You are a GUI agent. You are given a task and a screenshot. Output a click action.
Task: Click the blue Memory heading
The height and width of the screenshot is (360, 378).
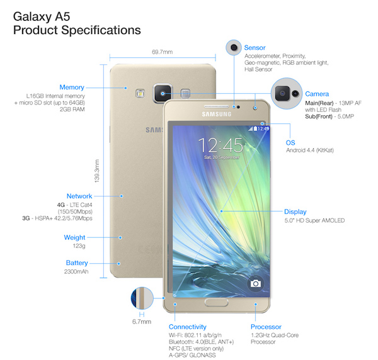(x=72, y=87)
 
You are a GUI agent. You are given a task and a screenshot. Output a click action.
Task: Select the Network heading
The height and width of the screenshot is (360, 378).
(x=79, y=196)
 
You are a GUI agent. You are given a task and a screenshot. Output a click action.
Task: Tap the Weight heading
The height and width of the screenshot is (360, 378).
(x=74, y=237)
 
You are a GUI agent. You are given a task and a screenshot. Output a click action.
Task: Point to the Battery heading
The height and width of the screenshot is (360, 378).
(x=77, y=262)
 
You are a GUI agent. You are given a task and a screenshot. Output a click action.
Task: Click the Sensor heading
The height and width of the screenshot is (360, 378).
(x=255, y=48)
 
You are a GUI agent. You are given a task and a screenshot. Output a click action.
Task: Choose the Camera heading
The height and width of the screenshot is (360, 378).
(x=317, y=94)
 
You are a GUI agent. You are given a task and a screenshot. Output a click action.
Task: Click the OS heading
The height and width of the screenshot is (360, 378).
(x=290, y=143)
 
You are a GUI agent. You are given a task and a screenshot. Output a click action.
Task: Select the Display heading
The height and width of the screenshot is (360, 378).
(x=295, y=211)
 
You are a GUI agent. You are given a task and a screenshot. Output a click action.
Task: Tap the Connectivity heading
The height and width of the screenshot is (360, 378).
(x=188, y=327)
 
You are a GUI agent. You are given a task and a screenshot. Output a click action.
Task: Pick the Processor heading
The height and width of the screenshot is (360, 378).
(x=266, y=327)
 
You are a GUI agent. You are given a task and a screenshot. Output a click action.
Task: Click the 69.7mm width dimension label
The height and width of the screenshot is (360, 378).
(x=163, y=52)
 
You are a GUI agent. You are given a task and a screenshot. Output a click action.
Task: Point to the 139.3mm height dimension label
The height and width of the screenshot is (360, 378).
(x=96, y=171)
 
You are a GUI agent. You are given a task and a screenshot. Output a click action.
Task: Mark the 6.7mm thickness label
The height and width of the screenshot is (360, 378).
(x=142, y=322)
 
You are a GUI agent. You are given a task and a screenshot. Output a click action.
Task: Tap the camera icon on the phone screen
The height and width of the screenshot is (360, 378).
(x=256, y=283)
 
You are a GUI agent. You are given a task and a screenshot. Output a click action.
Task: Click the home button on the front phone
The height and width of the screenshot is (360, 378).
(x=217, y=303)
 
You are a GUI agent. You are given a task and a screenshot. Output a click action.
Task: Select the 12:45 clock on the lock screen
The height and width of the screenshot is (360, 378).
(x=220, y=145)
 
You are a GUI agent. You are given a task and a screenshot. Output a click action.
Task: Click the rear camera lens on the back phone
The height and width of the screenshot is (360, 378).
(x=163, y=93)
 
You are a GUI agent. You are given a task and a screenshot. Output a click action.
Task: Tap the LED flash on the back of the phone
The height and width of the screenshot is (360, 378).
(x=140, y=93)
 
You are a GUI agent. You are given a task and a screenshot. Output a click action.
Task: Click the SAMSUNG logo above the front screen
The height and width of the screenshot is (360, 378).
(x=217, y=114)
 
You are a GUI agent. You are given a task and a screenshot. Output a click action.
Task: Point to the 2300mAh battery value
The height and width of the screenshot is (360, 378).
(x=76, y=272)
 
